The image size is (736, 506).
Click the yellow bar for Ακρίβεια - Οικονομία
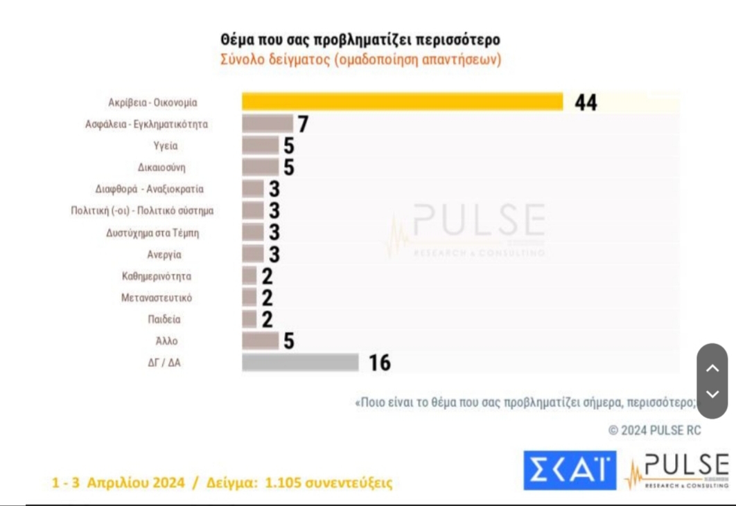(x=402, y=102)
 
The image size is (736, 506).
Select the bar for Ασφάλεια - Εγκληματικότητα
(x=268, y=124)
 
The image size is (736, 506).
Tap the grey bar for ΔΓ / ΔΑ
(x=300, y=362)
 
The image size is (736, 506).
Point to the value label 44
(x=586, y=103)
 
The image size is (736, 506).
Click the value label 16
(x=380, y=362)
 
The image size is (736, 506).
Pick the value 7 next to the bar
(x=302, y=125)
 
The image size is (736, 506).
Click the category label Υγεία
(x=166, y=146)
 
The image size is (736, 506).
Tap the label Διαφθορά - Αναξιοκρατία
(x=150, y=189)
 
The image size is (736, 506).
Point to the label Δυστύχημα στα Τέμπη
(x=152, y=233)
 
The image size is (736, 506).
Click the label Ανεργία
(x=164, y=254)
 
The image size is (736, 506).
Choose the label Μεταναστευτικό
(x=156, y=298)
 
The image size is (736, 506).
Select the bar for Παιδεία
(x=249, y=319)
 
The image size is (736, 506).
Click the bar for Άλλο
(x=260, y=341)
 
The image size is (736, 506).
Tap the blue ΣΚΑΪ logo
(x=569, y=471)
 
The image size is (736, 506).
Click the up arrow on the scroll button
(x=712, y=368)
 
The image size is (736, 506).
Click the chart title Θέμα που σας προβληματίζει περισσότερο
(x=360, y=39)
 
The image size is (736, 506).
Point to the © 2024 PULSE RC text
(x=654, y=431)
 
